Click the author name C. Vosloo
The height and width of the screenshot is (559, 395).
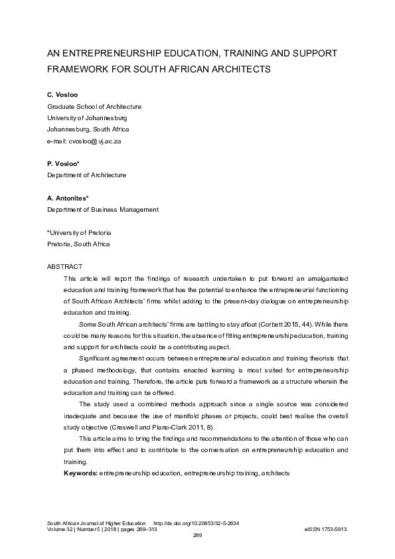point(62,95)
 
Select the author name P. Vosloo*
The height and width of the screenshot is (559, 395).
point(63,163)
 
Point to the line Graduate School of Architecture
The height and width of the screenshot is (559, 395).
point(94,107)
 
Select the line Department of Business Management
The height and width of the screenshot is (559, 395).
point(102,210)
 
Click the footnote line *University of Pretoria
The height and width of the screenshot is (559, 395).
point(79,232)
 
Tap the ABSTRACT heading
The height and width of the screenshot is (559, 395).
point(64,266)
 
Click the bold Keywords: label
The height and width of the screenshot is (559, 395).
point(80,473)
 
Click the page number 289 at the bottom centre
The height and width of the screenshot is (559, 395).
point(197,535)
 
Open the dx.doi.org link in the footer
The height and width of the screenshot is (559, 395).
point(196,523)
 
